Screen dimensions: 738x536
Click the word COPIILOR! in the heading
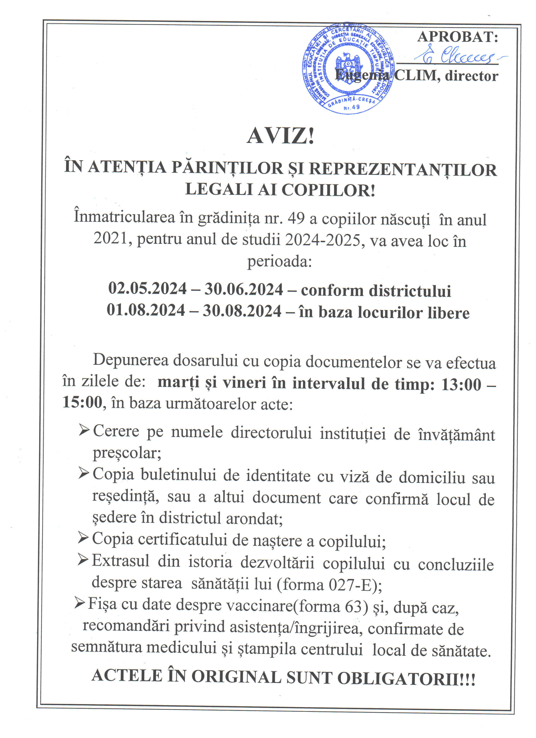click(x=328, y=190)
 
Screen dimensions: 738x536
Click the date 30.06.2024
click(x=244, y=289)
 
